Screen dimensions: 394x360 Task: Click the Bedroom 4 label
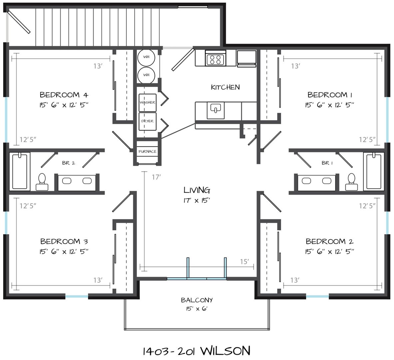coord(64,95)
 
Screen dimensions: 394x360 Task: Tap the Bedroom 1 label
coord(330,95)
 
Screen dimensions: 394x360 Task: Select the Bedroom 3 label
coord(64,242)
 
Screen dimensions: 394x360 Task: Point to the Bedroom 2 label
coord(330,242)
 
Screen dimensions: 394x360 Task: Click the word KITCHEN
coord(225,87)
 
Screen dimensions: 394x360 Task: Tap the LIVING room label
coord(197,190)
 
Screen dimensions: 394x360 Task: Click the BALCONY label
coord(197,300)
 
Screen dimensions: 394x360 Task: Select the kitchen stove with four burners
coord(215,58)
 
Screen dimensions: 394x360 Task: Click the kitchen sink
coord(215,110)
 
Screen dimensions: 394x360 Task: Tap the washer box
coord(148,102)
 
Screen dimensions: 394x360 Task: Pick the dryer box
coord(148,121)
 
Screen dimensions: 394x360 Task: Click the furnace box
coord(148,151)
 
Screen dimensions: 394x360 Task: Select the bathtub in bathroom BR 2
coord(20,171)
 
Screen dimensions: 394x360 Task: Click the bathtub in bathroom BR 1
coord(374,171)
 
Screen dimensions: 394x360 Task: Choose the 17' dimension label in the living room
coord(156,177)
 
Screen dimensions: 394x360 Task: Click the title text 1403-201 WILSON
coord(197,350)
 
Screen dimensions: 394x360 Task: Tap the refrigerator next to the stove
coord(246,59)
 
